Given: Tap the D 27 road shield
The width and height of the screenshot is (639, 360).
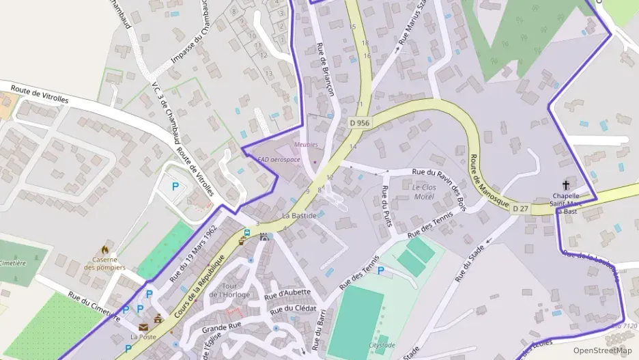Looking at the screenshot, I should click(521, 208).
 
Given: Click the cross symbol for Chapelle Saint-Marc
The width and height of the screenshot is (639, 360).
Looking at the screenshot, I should click(566, 184).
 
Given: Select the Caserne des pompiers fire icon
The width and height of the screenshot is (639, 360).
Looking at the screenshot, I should click(104, 249).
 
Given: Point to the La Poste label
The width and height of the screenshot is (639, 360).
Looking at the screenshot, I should click(143, 336).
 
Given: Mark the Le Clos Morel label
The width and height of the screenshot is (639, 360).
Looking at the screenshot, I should click(423, 192).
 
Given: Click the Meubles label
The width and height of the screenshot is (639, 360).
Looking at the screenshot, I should click(306, 144).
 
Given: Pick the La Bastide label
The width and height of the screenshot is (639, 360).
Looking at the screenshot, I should click(299, 216).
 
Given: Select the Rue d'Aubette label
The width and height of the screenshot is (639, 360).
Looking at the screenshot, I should click(287, 294).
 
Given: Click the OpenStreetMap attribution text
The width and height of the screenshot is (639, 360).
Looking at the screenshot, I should click(602, 350).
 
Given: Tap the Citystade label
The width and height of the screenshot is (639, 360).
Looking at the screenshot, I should click(381, 346).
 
